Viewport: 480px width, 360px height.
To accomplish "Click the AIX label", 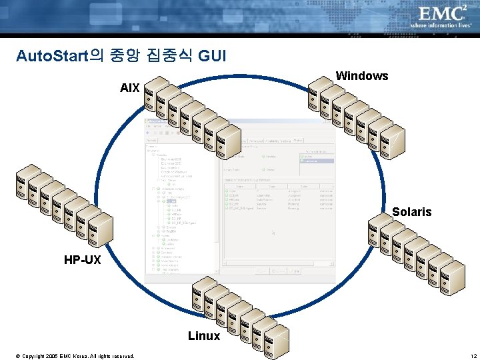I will pos(129,87).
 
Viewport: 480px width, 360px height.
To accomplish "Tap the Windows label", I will pos(361,76).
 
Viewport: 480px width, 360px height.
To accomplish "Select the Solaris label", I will pos(411,212).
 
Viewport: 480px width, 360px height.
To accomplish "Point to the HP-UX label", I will pos(82,259).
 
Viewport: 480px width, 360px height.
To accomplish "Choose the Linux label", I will pos(203,336).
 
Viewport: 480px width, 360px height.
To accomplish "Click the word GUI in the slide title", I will pos(212,56).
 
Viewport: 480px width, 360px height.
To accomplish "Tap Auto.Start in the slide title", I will pos(53,56).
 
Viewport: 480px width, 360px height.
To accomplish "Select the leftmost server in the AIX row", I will pos(157,93).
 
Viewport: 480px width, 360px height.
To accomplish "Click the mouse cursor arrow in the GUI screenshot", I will pos(273,233).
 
